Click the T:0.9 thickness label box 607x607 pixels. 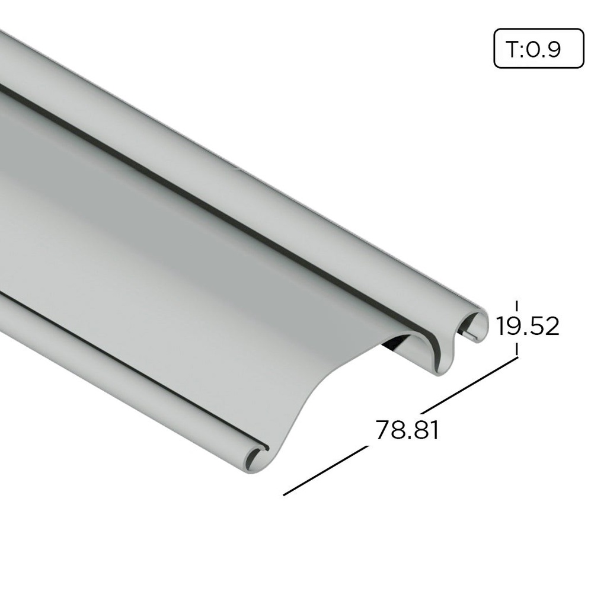pos(539,48)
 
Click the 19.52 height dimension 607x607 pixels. pos(528,326)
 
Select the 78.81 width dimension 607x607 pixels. pos(407,430)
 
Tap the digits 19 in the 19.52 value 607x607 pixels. pos(508,326)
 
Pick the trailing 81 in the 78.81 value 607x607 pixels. pos(427,430)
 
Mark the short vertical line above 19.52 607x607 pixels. pos(517,306)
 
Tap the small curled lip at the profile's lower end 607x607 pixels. pos(255,458)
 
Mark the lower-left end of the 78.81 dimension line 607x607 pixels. pos(285,494)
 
